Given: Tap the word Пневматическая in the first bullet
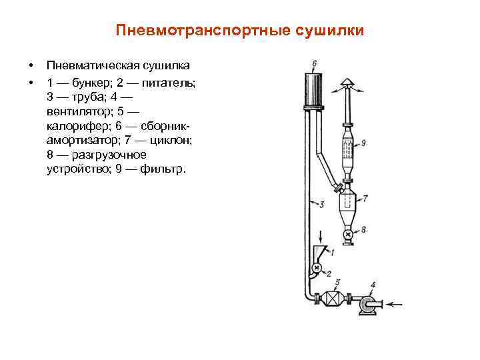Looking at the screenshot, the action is tap(93, 65).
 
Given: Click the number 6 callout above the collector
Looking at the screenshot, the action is tap(314, 63).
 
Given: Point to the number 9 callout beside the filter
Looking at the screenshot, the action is tap(363, 142).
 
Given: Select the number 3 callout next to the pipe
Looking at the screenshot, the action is tap(321, 204).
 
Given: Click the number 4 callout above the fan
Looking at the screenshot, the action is tap(372, 285).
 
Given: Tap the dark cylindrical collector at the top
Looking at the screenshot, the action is tap(313, 89).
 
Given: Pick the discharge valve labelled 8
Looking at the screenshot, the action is tap(347, 234).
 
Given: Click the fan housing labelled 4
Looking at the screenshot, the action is tap(366, 304).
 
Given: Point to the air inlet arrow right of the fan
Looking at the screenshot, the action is tap(395, 305).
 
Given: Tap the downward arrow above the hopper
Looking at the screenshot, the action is tap(322, 236).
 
